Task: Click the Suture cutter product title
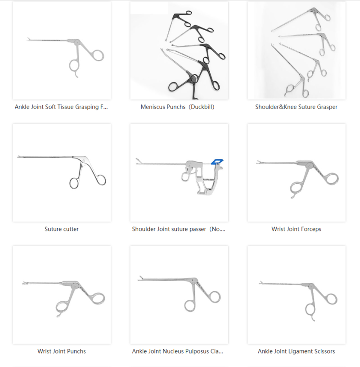tap(62, 229)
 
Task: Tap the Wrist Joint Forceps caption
tap(296, 229)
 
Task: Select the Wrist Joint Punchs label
tap(62, 351)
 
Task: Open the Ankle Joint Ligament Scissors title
tap(296, 351)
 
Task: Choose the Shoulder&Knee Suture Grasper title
tap(296, 107)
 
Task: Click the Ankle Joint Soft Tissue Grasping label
tap(62, 107)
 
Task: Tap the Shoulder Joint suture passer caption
tap(179, 229)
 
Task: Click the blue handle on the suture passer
tap(219, 161)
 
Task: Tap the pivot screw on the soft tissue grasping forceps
tap(78, 43)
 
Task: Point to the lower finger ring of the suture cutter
tap(74, 183)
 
